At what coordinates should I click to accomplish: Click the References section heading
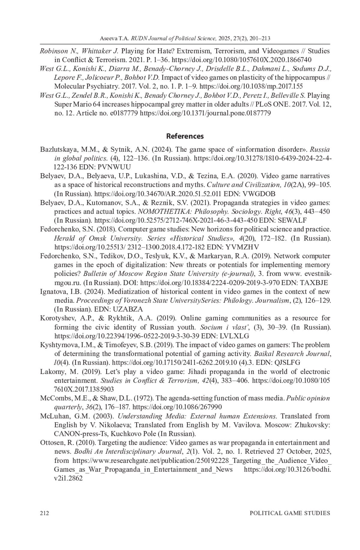click(x=185, y=136)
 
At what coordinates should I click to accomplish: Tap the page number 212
click(x=44, y=513)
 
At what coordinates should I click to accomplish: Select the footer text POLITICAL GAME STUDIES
click(x=290, y=513)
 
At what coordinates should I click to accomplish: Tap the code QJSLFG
click(x=287, y=363)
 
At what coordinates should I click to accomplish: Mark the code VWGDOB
click(x=259, y=194)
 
